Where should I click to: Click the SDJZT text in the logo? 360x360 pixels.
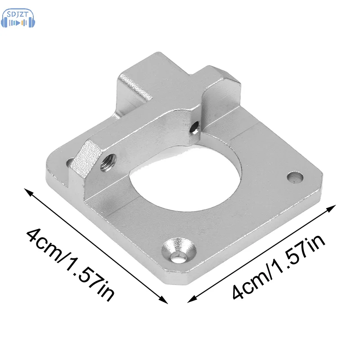(18, 15)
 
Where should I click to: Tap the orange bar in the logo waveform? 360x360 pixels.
(22, 23)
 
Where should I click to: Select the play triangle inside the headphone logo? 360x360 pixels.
(18, 23)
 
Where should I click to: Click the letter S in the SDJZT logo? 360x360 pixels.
(9, 15)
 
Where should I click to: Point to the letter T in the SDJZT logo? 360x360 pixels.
(26, 14)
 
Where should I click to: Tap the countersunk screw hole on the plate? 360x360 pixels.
(179, 250)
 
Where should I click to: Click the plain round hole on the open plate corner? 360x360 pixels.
(295, 177)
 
